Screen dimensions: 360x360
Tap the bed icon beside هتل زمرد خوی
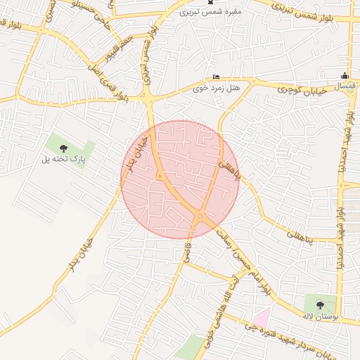point(216,77)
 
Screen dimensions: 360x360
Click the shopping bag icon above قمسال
point(345,76)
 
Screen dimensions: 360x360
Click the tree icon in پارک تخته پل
point(64,148)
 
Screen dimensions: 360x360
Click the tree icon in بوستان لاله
point(321,305)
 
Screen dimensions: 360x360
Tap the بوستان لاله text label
point(321,318)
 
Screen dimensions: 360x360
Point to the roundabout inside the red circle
point(201,216)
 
